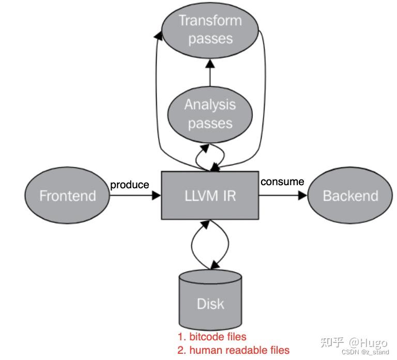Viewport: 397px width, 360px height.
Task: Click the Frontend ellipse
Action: [x=67, y=196]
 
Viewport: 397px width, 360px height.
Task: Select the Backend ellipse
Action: [x=350, y=196]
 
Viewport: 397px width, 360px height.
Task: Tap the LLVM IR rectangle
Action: [x=210, y=196]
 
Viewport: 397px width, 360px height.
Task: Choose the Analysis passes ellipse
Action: [x=210, y=114]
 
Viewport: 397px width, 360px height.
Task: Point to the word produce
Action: [x=130, y=185]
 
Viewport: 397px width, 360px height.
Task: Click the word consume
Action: [x=282, y=182]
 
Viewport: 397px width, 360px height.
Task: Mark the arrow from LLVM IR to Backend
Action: [x=283, y=196]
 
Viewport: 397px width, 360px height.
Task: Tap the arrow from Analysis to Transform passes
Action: [x=210, y=73]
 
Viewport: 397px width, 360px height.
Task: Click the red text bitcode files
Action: [x=212, y=337]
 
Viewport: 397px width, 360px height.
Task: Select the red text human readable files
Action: [x=233, y=350]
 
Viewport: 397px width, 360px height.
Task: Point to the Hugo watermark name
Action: [x=368, y=342]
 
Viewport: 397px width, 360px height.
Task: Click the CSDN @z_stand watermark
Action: [x=365, y=352]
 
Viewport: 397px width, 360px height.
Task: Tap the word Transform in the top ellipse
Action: [x=210, y=21]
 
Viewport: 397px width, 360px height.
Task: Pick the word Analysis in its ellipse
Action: [x=210, y=105]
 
